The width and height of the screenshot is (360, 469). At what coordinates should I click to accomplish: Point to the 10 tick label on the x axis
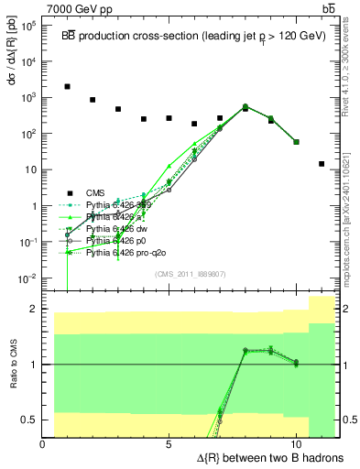[x=296, y=443]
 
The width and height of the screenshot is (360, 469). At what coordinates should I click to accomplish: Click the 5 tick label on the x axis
[x=169, y=443]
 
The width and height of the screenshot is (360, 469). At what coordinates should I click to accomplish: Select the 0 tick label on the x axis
[x=43, y=443]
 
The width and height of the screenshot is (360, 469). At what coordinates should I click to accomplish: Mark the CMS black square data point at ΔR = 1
[x=68, y=87]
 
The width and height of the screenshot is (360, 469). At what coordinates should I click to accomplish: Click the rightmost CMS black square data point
[x=322, y=164]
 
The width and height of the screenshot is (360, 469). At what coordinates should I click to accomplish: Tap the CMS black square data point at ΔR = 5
[x=169, y=118]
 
